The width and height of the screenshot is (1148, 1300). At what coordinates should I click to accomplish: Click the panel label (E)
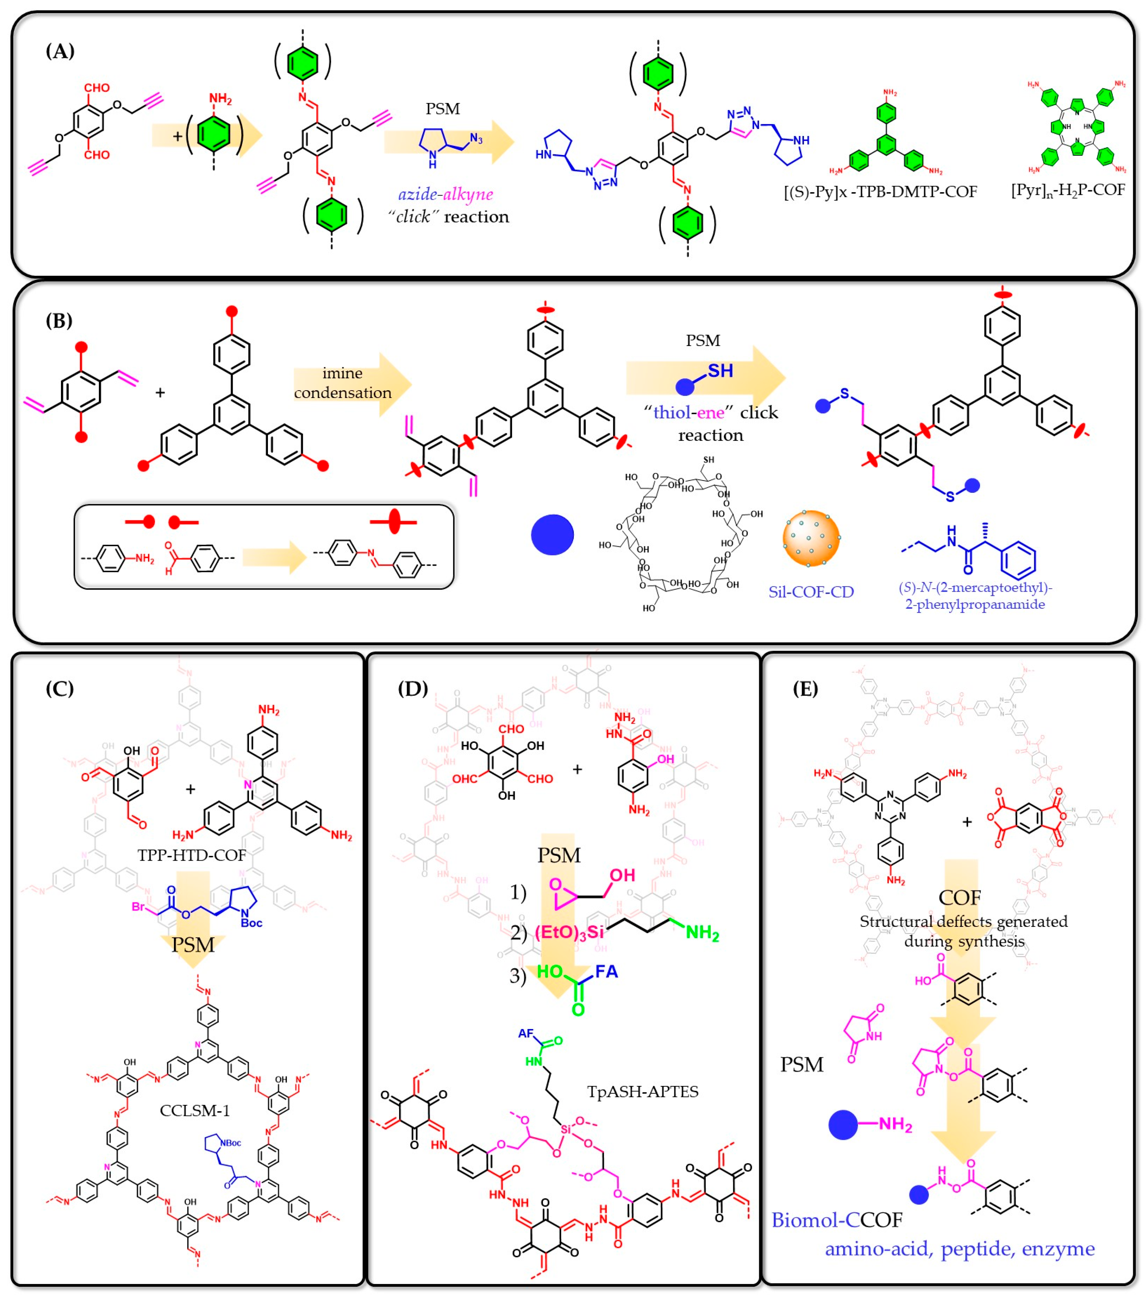pyautogui.click(x=805, y=689)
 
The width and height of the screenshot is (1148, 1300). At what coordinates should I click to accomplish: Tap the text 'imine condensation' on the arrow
pyautogui.click(x=342, y=383)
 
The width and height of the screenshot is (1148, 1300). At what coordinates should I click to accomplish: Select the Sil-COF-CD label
pyautogui.click(x=811, y=592)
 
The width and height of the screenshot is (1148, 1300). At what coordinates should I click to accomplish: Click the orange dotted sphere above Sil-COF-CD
pyautogui.click(x=811, y=538)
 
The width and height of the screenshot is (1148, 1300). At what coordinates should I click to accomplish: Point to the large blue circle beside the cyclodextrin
pyautogui.click(x=552, y=534)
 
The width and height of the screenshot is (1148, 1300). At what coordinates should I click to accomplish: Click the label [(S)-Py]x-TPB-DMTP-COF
pyautogui.click(x=880, y=191)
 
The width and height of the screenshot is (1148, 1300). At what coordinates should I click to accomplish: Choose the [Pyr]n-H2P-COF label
pyautogui.click(x=1068, y=190)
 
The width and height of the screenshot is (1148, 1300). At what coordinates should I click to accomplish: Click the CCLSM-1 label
pyautogui.click(x=195, y=1110)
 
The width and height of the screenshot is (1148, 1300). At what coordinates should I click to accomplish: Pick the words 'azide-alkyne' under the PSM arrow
pyautogui.click(x=445, y=194)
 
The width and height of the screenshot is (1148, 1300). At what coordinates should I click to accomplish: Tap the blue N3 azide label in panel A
pyautogui.click(x=476, y=138)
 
